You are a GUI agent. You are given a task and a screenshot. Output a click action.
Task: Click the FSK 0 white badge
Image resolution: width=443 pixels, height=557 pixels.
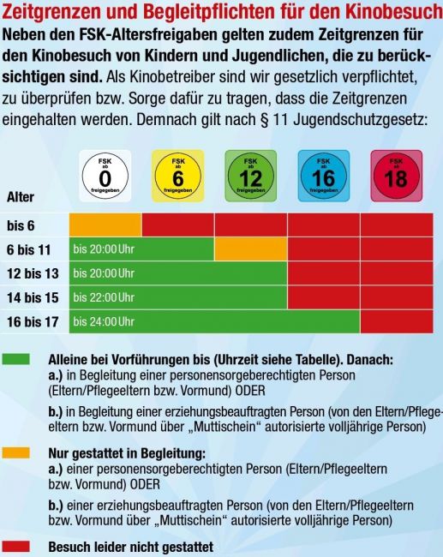[x=105, y=177]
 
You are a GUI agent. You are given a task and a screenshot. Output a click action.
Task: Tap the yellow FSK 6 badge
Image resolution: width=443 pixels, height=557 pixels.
[x=178, y=177]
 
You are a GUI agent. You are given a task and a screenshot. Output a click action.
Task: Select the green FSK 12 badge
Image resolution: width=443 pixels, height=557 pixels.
[x=251, y=177]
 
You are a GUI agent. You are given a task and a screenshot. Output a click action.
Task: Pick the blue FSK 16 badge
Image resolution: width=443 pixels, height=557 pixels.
[x=324, y=177]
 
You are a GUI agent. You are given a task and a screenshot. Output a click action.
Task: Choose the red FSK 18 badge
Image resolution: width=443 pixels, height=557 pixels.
[x=397, y=177]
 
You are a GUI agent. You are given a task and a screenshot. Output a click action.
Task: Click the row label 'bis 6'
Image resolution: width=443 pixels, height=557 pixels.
[x=21, y=225]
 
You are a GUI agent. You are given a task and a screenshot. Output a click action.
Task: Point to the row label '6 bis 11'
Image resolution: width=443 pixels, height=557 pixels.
[x=29, y=249]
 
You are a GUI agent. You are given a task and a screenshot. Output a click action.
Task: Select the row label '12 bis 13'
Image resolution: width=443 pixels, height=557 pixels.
[x=33, y=273]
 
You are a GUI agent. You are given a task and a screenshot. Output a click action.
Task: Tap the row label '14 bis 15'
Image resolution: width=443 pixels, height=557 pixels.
[x=33, y=297]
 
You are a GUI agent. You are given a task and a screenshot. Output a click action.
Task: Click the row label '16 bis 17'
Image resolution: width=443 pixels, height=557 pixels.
[x=33, y=322]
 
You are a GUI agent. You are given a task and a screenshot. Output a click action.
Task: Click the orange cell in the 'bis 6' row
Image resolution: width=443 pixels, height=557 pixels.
[x=105, y=225]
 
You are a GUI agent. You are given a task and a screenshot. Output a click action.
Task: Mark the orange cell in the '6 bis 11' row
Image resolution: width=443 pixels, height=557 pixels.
[x=251, y=249]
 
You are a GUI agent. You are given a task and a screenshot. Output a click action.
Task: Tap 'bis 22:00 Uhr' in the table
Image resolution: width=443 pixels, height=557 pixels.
[x=104, y=297]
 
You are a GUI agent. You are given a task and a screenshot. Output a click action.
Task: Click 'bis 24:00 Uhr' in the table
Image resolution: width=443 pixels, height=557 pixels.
[x=104, y=321]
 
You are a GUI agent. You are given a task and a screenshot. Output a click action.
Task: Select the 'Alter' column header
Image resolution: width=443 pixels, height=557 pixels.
[x=21, y=197]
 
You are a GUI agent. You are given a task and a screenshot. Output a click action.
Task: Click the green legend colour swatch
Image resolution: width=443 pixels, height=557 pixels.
[x=16, y=359]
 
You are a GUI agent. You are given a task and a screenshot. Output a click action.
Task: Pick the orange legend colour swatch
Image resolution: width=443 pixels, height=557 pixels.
[x=16, y=453]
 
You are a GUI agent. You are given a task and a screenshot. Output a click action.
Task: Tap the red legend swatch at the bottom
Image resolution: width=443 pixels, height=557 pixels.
[x=16, y=547]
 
